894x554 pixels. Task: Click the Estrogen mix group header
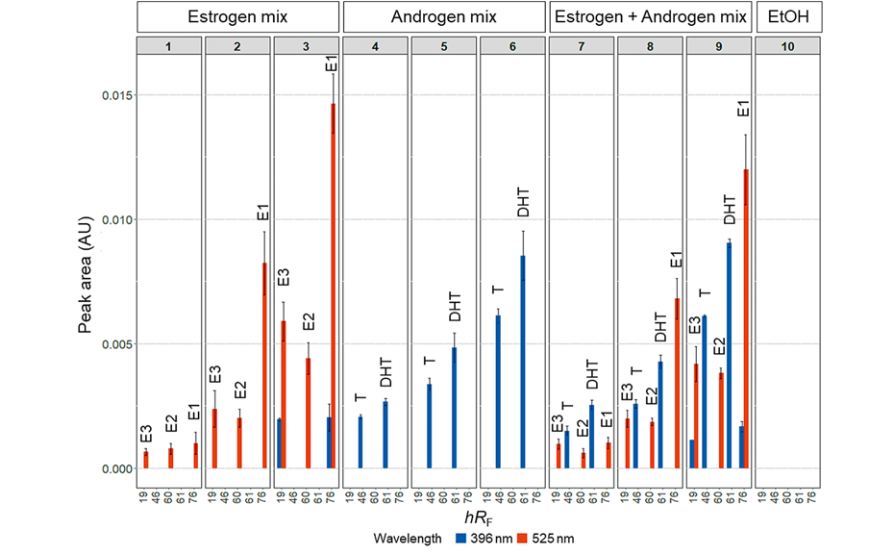237,16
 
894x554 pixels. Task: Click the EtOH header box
787,16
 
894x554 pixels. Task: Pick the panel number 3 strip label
306,46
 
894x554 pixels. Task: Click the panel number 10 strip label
787,46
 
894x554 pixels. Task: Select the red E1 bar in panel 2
264,365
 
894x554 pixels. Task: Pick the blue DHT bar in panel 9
730,355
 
